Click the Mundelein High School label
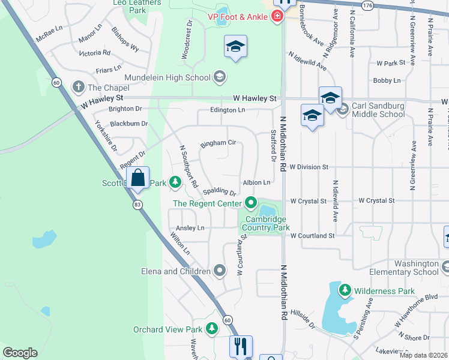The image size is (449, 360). (167, 77)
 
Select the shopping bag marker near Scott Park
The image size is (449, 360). (138, 178)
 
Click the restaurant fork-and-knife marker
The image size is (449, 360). (241, 346)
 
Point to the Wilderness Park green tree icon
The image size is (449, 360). (345, 291)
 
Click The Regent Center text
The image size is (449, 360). (207, 203)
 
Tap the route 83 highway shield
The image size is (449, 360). (138, 205)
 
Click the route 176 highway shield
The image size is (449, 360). (367, 5)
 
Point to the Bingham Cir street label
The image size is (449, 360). (218, 143)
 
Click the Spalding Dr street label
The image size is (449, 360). (219, 191)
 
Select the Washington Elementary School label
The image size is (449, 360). (417, 268)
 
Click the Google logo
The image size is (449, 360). (20, 353)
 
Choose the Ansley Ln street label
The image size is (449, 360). (190, 228)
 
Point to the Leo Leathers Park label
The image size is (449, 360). (137, 6)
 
